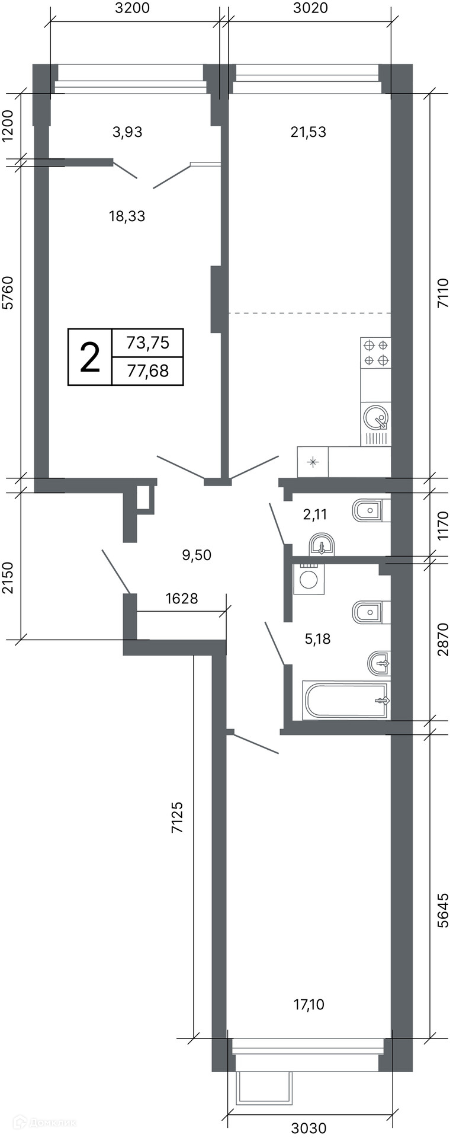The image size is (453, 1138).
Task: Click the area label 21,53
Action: (x=309, y=132)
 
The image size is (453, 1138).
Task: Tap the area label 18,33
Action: (x=127, y=217)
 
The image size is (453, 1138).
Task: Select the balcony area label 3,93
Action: (x=127, y=132)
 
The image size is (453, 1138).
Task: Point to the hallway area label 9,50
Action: (x=197, y=555)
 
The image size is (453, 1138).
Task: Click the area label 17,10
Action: (x=309, y=1004)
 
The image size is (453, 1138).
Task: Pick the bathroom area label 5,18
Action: (x=317, y=639)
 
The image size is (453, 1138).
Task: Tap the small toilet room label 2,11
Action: (x=315, y=514)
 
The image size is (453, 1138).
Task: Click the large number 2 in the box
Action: (x=90, y=357)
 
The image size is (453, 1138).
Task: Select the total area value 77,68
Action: (x=148, y=371)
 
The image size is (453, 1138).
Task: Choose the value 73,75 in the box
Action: (x=148, y=343)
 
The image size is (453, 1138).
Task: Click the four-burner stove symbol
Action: (x=376, y=353)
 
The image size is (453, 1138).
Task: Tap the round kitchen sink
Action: (x=376, y=417)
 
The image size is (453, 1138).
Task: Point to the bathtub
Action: (x=346, y=701)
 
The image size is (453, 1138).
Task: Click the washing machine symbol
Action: (x=308, y=578)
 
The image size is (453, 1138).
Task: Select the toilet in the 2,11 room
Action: (x=371, y=510)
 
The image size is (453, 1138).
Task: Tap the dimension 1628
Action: (x=182, y=599)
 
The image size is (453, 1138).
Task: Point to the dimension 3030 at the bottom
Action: (x=309, y=1128)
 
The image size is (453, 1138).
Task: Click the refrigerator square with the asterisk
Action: (x=313, y=462)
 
